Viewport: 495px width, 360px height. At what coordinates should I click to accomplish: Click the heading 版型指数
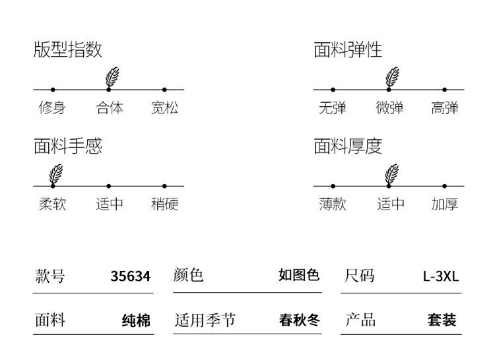[x=68, y=49]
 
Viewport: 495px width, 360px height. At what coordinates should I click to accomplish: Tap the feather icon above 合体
[x=112, y=77]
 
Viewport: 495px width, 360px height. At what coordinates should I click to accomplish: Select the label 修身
[x=52, y=108]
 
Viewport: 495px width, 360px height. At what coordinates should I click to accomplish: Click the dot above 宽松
[x=164, y=90]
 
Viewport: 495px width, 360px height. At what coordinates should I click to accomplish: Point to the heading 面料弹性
[x=348, y=49]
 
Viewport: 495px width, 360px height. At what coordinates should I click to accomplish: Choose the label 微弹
[x=389, y=108]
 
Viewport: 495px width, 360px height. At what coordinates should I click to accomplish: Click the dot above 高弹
[x=444, y=90]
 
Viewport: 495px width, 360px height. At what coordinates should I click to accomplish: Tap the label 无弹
[x=333, y=108]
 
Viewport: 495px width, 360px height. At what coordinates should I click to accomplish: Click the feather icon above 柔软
[x=56, y=174]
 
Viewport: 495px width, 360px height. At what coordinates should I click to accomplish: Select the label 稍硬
[x=164, y=204]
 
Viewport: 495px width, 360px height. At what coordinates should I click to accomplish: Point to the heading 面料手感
[x=68, y=146]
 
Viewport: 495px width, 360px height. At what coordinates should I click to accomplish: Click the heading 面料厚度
[x=348, y=146]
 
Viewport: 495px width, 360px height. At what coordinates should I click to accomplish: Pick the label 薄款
[x=333, y=204]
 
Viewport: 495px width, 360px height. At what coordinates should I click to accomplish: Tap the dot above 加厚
[x=444, y=187]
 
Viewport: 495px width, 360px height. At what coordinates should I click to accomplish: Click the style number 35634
[x=131, y=276]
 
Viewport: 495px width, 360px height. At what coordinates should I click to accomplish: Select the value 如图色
[x=299, y=275]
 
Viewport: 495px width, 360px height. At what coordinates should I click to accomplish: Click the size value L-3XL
[x=441, y=276]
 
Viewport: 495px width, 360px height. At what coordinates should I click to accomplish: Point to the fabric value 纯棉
[x=137, y=320]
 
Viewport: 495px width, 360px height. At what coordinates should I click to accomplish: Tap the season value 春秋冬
[x=299, y=320]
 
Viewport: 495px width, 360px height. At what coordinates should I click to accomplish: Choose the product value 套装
[x=442, y=320]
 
